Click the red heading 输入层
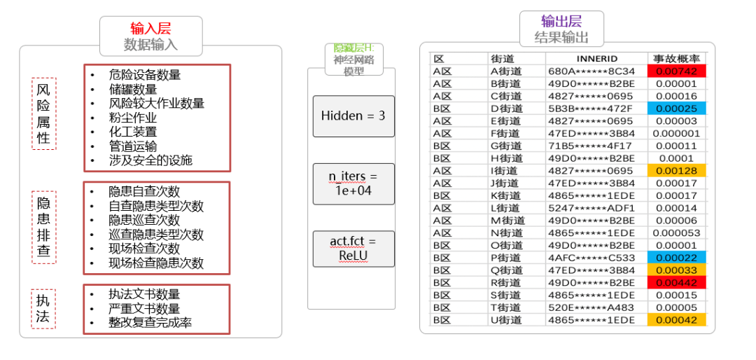150,28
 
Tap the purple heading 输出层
561,21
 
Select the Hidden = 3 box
353,116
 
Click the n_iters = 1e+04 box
353,184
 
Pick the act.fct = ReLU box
353,249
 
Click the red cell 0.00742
677,71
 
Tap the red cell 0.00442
677,282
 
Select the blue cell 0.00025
677,109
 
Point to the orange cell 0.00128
677,171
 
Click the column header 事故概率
677,59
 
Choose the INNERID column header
596,59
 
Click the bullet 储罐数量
133,89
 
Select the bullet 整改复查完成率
150,323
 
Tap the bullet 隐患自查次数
144,191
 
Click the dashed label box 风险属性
43,113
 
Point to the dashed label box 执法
43,307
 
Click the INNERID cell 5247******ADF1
591,208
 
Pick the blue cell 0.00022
677,258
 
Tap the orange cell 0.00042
677,320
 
